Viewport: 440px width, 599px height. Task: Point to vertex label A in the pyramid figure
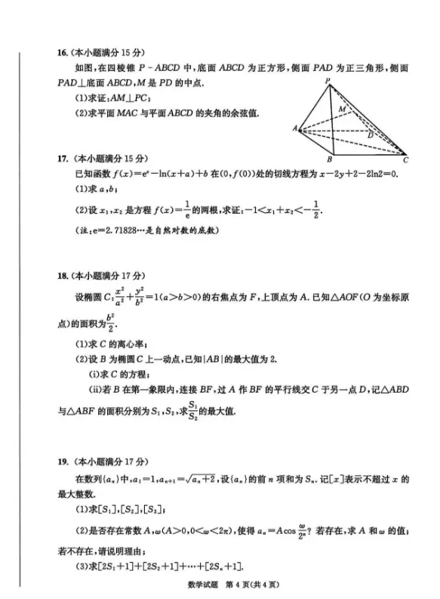pyautogui.click(x=295, y=129)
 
